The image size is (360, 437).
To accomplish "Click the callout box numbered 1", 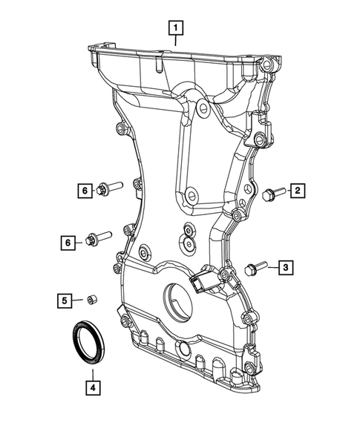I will (175, 28).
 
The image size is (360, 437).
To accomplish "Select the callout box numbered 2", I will (297, 192).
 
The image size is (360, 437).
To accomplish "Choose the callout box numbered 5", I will (65, 300).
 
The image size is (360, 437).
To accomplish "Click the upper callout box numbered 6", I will (85, 191).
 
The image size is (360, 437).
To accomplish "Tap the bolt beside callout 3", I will (254, 267).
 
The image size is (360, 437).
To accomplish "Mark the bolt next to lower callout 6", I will (97, 240).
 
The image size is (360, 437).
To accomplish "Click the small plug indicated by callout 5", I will (91, 300).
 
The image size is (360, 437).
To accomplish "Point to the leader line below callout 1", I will (175, 41).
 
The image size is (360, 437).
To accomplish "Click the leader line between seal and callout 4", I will (91, 369).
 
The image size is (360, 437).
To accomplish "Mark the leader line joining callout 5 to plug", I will (78, 300).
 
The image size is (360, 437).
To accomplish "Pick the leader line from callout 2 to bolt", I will (284, 192).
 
